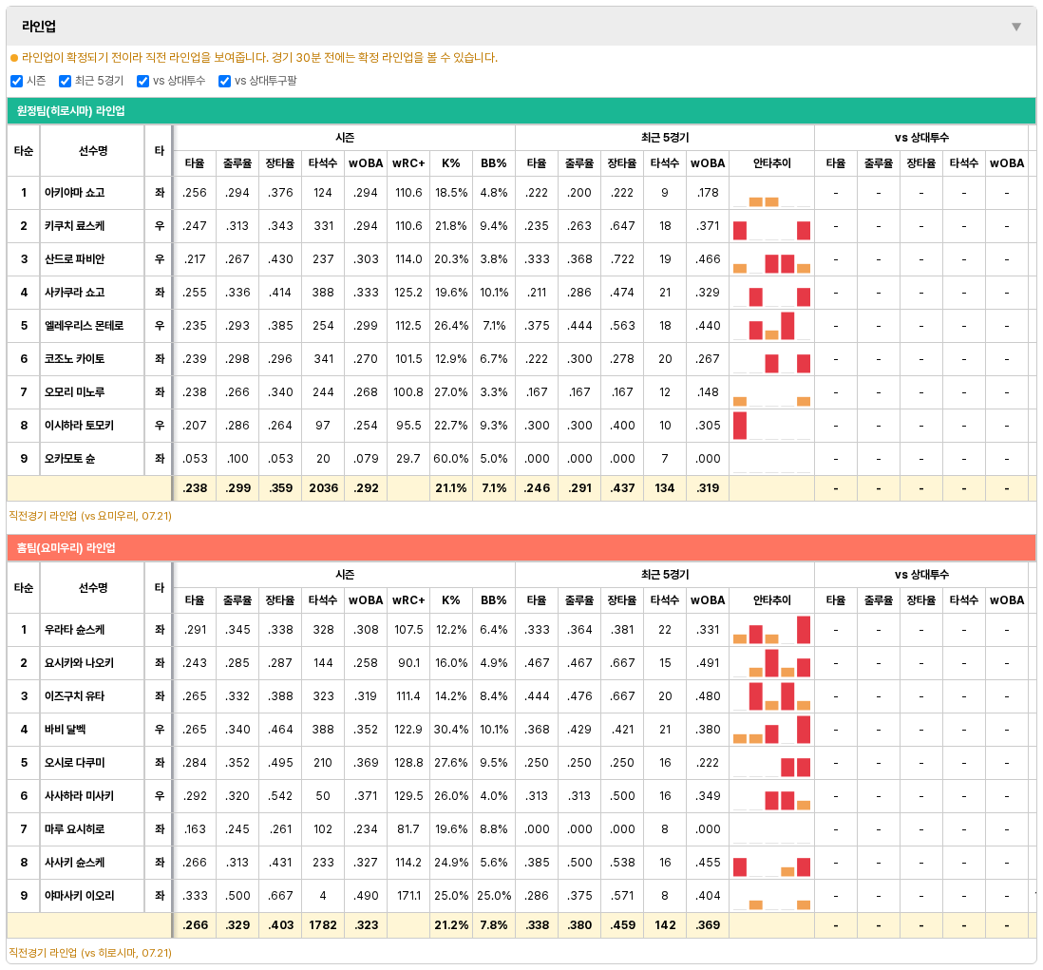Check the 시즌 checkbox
click(17, 81)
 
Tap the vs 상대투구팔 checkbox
click(225, 81)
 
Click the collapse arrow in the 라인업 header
click(1015, 27)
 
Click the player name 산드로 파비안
click(74, 258)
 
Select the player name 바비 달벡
click(66, 730)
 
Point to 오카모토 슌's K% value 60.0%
click(450, 458)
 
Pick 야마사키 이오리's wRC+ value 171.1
click(408, 896)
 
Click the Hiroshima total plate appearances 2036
click(323, 487)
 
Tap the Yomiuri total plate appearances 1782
click(323, 924)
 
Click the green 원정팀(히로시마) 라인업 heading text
click(70, 111)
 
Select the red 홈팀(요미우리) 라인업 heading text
click(66, 548)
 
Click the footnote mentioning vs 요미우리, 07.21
click(90, 516)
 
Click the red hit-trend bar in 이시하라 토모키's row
click(740, 426)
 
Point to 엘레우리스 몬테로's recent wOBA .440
click(707, 325)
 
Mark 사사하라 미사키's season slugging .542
click(280, 796)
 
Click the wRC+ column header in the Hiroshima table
click(408, 163)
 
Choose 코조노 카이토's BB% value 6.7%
click(494, 358)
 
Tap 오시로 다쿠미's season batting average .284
click(194, 763)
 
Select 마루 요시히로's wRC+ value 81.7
click(408, 829)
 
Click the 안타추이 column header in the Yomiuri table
click(771, 600)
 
